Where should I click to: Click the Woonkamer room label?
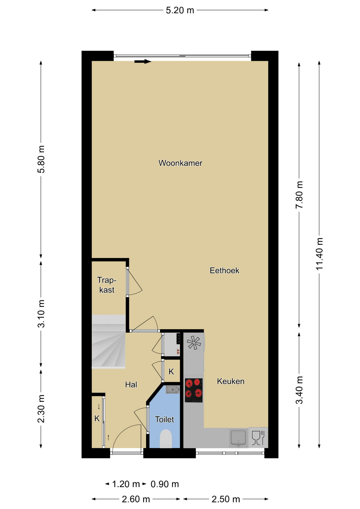click(180, 163)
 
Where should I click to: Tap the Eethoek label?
click(225, 270)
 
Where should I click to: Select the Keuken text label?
click(231, 381)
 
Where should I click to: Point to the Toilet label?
click(164, 419)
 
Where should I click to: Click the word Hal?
click(131, 385)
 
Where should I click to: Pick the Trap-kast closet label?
click(107, 285)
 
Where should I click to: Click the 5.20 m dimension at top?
click(180, 10)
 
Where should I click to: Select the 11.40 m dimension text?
click(319, 254)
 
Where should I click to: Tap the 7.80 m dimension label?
click(299, 195)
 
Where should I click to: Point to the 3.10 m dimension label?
click(41, 314)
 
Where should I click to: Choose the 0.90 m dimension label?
click(165, 484)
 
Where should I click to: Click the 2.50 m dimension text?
click(226, 499)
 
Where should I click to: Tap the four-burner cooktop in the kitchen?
click(194, 390)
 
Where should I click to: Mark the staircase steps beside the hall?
click(108, 341)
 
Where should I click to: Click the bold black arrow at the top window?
click(143, 62)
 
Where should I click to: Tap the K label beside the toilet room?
click(171, 372)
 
